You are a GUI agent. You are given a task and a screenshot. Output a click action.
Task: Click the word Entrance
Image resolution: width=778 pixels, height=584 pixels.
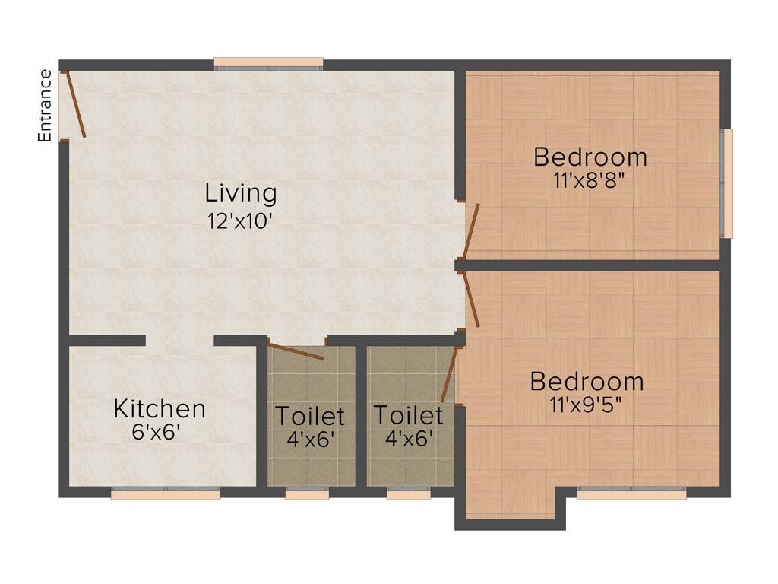pyautogui.click(x=46, y=105)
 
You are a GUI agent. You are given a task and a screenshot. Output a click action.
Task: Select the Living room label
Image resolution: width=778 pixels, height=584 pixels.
pyautogui.click(x=242, y=193)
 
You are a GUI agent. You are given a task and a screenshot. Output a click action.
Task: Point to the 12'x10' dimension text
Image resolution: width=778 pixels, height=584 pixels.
pyautogui.click(x=240, y=221)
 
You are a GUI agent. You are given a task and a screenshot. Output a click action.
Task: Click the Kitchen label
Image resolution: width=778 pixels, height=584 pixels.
pyautogui.click(x=160, y=408)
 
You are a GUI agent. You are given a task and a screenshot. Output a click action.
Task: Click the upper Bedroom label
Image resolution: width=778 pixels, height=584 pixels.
pyautogui.click(x=590, y=157)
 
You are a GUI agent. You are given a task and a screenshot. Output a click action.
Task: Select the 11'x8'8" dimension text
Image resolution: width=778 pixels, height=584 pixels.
pyautogui.click(x=590, y=181)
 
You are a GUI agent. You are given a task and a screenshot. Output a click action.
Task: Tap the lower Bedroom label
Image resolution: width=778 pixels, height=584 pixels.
pyautogui.click(x=587, y=380)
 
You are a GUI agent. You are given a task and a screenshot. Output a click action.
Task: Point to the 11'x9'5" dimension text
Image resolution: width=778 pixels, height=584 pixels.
pyautogui.click(x=587, y=405)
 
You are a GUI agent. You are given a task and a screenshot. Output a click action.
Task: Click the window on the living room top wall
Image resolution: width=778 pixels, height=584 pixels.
pyautogui.click(x=268, y=64)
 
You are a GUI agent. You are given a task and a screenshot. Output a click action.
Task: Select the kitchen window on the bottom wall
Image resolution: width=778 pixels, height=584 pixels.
pyautogui.click(x=166, y=494)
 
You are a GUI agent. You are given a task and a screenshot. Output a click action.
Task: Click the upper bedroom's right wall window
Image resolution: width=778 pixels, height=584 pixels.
pyautogui.click(x=727, y=183)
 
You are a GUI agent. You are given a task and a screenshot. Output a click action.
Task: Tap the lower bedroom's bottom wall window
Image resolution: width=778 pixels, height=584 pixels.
pyautogui.click(x=631, y=494)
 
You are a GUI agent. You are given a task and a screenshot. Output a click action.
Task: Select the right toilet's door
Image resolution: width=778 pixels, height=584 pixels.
pyautogui.click(x=448, y=374)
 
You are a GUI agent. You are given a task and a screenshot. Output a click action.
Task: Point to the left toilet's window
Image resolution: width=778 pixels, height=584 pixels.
pyautogui.click(x=307, y=494)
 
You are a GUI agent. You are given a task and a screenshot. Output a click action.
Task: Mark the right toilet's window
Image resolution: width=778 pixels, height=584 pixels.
pyautogui.click(x=409, y=494)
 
